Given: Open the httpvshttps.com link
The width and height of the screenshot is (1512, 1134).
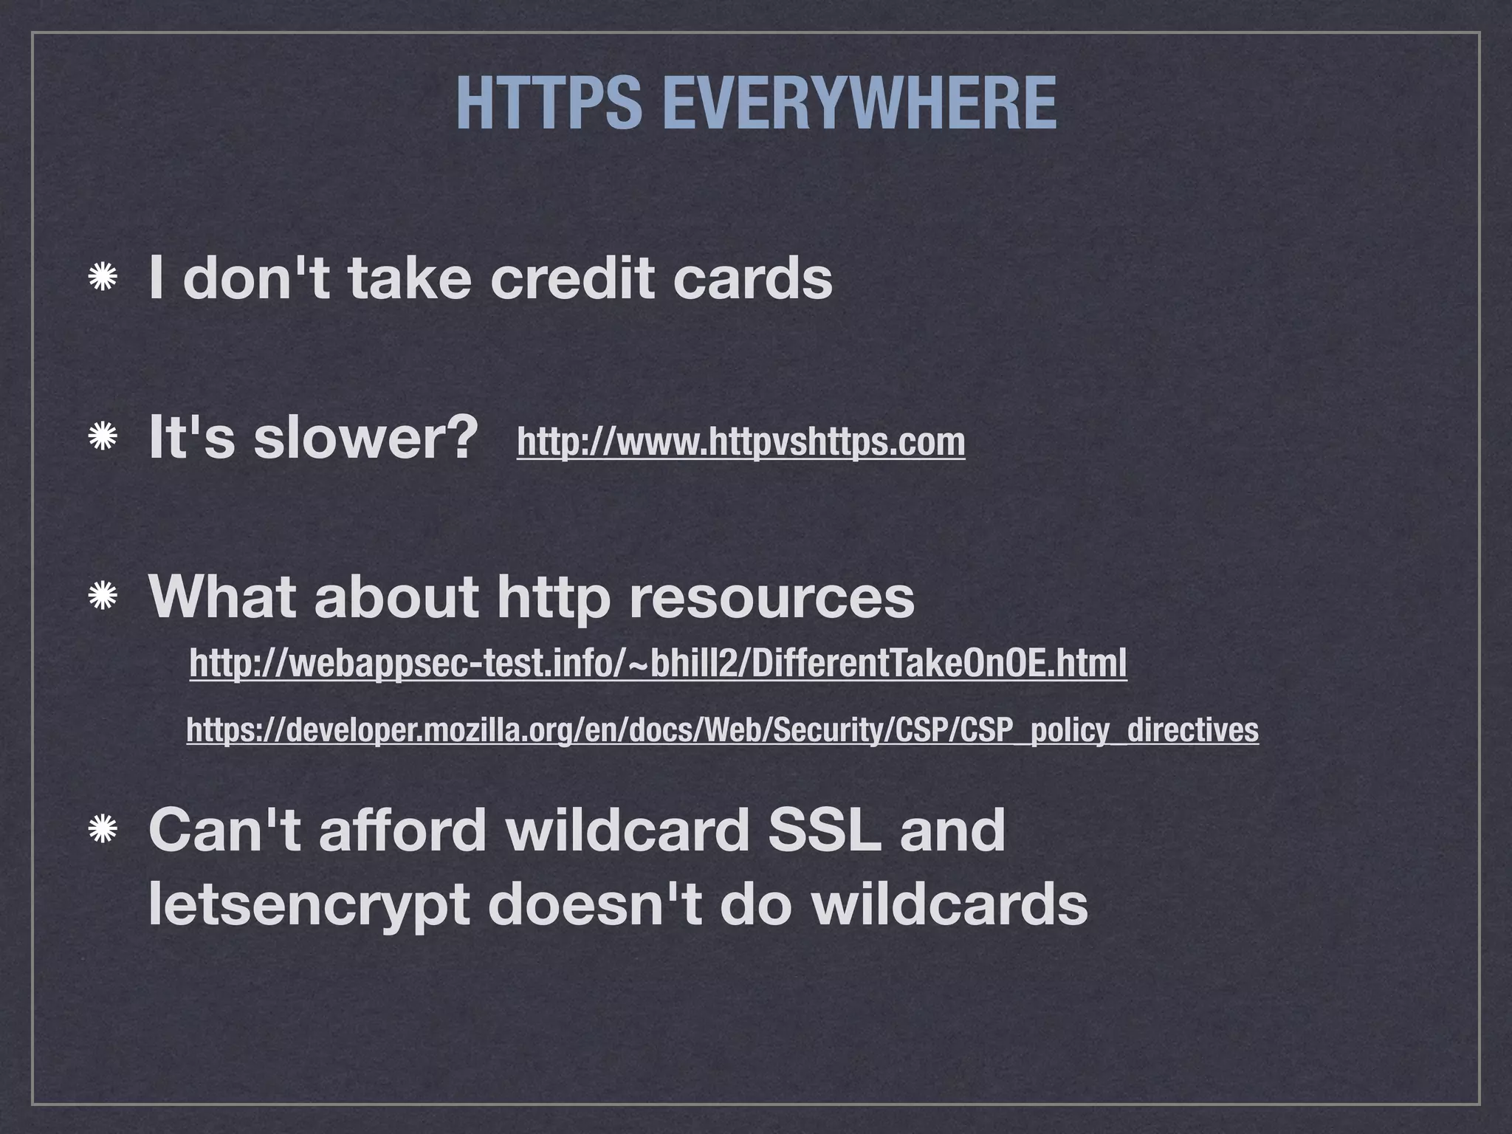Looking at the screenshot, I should pyautogui.click(x=740, y=442).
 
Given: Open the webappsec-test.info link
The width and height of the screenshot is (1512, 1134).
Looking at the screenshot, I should pyautogui.click(x=658, y=663).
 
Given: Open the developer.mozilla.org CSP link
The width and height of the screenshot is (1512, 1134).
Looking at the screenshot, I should pyautogui.click(x=722, y=730).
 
